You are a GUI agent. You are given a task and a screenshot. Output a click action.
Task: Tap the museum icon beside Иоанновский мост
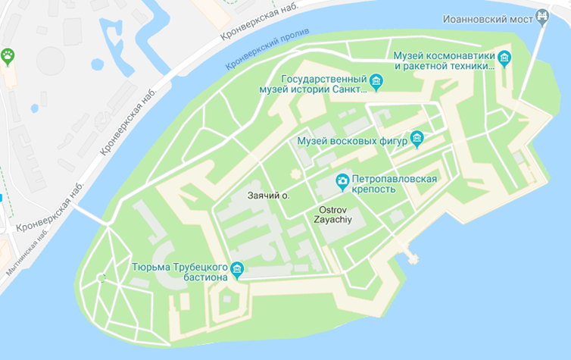pos(542,15)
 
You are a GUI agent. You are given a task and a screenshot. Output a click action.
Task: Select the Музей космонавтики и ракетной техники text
pos(445,61)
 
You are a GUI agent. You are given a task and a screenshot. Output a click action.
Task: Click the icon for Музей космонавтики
pos(504,58)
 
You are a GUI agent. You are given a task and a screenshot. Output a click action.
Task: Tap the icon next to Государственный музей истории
pos(376,81)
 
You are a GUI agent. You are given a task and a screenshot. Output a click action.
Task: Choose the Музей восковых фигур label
pos(352,140)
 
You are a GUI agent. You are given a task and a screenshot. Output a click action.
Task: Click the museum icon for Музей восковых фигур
pos(417,139)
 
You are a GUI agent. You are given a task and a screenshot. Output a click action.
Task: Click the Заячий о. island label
pos(269,196)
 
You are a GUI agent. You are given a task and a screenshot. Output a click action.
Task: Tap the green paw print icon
pos(8,55)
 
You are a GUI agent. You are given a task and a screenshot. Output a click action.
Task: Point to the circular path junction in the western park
pos(101,278)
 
